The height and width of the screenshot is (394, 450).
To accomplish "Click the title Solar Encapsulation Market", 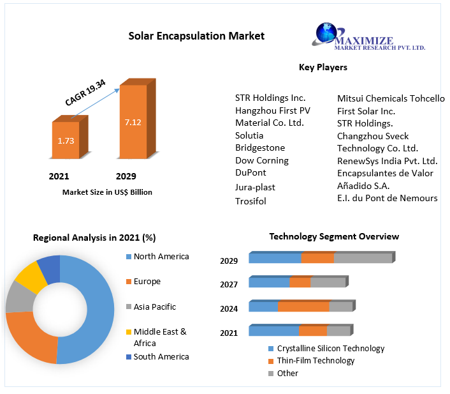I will coord(196,36).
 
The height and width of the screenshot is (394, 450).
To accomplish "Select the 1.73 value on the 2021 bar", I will coord(65,140).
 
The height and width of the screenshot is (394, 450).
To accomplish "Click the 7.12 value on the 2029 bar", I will coord(133,122).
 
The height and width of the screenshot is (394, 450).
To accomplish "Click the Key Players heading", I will coord(323,67).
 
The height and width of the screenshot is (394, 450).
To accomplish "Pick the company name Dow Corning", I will coord(261,160).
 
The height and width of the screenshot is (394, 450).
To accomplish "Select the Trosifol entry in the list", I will coord(250,201).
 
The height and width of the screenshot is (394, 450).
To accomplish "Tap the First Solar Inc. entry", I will coord(366,111).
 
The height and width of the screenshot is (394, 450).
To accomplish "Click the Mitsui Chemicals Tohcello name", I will coord(391,98).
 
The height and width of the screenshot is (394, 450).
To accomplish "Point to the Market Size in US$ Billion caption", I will coord(107,192).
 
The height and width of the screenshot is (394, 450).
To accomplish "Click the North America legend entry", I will coord(161,256).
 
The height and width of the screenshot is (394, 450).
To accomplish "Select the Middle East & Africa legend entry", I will coord(159,337).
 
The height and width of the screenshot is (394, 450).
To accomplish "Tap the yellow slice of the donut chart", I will coord(28,275).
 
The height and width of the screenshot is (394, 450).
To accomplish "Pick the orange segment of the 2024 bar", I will coord(303,307).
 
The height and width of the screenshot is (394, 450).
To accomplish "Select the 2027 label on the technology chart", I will coord(229,284).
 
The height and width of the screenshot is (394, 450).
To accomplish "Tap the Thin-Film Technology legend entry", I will coord(316,361).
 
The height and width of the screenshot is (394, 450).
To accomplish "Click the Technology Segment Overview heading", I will coord(334,236).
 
